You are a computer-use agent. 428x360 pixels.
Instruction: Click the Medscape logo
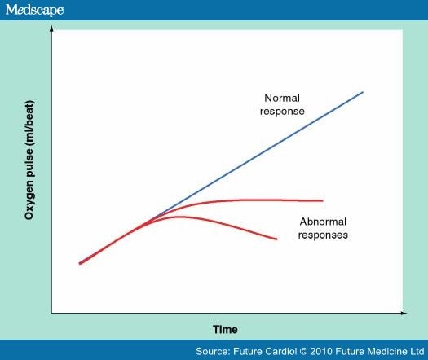35,10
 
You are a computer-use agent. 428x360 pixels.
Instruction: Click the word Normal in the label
282,98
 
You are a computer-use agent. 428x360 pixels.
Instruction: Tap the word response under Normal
282,112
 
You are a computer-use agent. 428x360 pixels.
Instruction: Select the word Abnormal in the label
323,222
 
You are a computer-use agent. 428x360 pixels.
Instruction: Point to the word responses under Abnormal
323,235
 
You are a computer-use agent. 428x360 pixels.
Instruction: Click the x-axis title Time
225,329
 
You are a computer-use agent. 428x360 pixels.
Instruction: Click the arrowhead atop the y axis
51,29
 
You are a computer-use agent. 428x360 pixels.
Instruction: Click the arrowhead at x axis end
404,313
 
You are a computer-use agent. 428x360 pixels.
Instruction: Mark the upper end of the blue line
363,92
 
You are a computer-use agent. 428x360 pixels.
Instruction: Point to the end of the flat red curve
323,200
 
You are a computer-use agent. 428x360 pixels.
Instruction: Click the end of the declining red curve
277,239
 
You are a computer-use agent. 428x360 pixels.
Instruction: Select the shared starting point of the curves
79,263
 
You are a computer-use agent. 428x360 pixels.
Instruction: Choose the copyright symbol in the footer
303,352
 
